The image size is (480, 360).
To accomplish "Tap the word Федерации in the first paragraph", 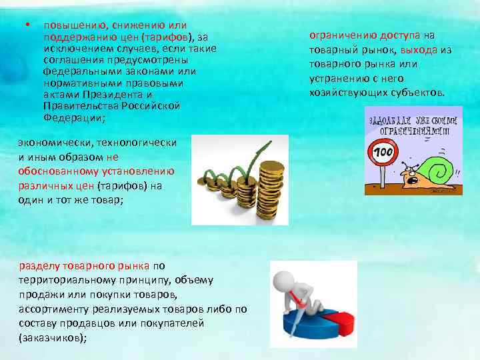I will (x=70, y=117).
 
